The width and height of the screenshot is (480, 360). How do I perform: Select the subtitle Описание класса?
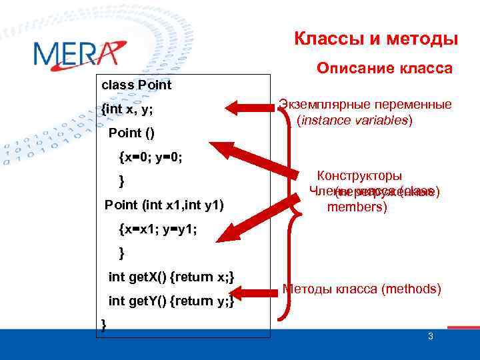(x=384, y=69)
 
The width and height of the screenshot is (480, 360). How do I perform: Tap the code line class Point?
(x=136, y=85)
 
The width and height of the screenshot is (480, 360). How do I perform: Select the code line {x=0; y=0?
(x=151, y=157)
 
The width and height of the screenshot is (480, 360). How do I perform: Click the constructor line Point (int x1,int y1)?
(x=164, y=205)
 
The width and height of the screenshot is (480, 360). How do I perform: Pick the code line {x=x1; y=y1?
(x=157, y=229)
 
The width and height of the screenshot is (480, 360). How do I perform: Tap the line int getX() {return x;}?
(x=171, y=277)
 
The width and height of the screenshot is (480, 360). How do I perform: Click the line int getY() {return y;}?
(x=171, y=301)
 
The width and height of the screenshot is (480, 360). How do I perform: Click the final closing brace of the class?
(x=103, y=323)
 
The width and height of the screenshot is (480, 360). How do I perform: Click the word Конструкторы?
(x=359, y=176)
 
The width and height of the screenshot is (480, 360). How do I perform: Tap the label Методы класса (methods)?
(x=362, y=289)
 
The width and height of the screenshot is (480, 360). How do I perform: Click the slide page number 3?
(x=430, y=337)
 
